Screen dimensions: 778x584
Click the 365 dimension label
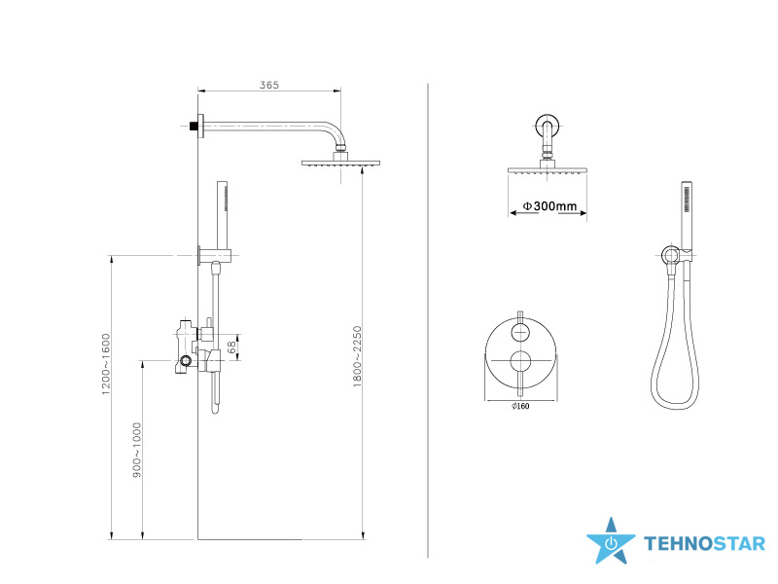269,85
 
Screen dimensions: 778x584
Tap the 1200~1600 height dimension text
106,364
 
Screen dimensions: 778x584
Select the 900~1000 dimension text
137,450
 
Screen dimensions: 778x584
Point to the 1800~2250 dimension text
357,356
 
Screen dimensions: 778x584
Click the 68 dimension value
232,347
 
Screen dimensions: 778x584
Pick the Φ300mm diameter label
549,205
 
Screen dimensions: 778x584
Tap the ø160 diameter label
520,406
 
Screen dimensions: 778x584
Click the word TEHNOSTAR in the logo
705,544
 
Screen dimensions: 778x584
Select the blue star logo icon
611,542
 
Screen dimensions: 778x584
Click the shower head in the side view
341,163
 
